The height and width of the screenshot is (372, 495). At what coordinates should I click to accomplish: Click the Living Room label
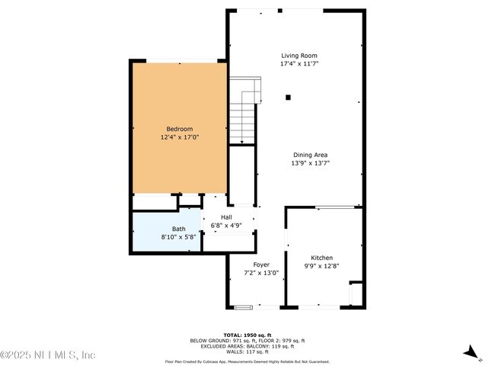point(299,56)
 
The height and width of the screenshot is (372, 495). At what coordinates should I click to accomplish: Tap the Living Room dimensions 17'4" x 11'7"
point(299,64)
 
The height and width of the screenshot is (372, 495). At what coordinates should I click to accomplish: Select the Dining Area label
point(310,155)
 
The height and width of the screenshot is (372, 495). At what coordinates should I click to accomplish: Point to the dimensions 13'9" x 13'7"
point(310,163)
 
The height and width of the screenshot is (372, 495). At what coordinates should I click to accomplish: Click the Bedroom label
point(180,129)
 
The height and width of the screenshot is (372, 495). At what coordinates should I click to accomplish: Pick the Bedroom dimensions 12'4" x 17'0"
point(180,137)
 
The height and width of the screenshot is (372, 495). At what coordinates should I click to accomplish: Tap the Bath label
point(178,229)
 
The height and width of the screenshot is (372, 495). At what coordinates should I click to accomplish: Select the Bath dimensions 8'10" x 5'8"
point(178,237)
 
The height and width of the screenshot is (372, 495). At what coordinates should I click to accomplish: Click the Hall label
point(227,217)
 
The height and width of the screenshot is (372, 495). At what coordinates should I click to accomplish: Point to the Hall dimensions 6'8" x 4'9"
point(227,226)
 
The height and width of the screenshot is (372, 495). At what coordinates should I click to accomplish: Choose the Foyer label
point(261,265)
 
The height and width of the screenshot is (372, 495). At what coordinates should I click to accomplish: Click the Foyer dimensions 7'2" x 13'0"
point(261,273)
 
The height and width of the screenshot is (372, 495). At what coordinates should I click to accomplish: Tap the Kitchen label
point(321,258)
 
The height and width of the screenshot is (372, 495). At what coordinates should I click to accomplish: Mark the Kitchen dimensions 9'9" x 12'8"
point(321,266)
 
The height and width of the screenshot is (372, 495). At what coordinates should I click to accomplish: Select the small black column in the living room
point(288,97)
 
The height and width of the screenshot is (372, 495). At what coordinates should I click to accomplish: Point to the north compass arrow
point(472,353)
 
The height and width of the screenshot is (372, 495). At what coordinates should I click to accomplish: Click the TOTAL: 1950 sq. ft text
point(247,335)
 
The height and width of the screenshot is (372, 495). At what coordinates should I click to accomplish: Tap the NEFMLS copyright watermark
point(47,355)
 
